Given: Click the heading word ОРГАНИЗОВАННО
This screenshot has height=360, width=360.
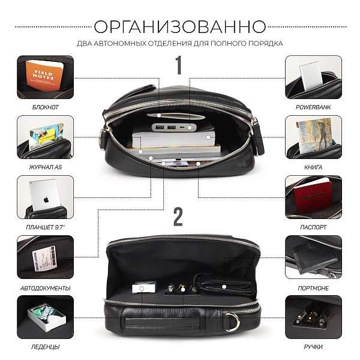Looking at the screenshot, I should point(180,27).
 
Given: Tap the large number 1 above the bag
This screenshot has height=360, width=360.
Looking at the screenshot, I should point(178,64).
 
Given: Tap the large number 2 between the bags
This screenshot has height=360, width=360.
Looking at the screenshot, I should point(178,217).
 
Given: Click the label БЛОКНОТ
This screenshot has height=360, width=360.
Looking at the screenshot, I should point(46,107).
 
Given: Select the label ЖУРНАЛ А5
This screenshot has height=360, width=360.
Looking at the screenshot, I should point(46,167).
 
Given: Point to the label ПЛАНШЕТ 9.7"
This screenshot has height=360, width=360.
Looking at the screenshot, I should point(46,227).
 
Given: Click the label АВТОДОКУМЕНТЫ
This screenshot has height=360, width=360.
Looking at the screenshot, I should point(46,287).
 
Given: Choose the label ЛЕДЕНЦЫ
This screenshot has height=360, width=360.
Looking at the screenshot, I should point(46,347).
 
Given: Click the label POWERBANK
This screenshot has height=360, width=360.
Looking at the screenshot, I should point(313,107).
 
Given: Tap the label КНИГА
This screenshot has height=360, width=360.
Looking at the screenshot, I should point(313,167).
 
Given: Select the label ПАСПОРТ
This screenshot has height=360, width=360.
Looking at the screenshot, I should point(313,227).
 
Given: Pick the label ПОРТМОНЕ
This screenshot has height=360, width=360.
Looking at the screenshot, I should point(313,287).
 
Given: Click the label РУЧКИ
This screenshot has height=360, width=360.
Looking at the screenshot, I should point(313,347).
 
